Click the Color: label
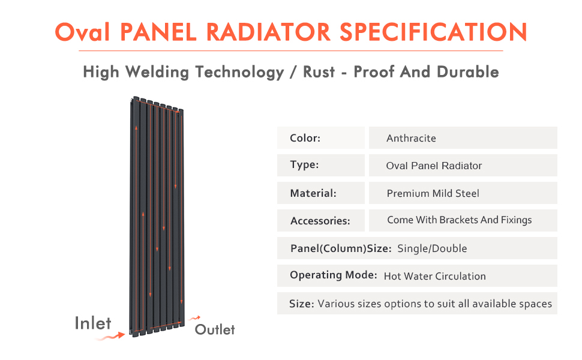[x=305, y=138]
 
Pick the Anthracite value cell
[x=411, y=138]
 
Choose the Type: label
[x=304, y=165]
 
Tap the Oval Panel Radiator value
[x=434, y=166]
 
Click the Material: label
[x=313, y=193]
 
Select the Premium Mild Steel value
[x=433, y=193]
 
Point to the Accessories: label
[x=320, y=221]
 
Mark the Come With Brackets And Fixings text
[x=459, y=220]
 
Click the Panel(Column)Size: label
[x=341, y=248]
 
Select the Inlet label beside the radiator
[x=93, y=323]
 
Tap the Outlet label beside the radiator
[x=215, y=329]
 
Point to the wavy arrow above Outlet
[x=194, y=318]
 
